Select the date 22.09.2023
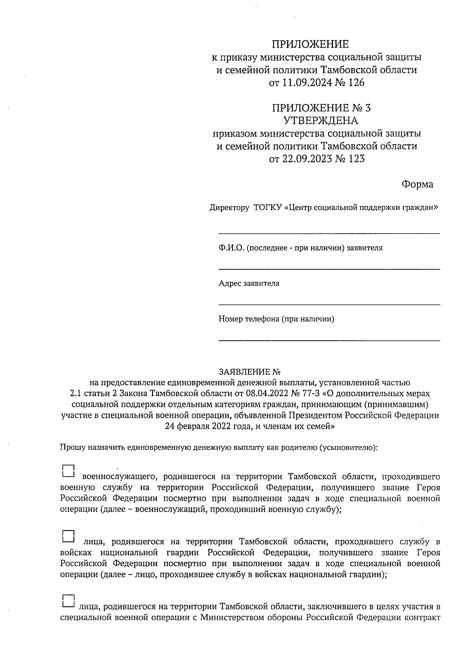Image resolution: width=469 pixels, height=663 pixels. coord(303,159)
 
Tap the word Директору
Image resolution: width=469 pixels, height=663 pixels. coord(229,207)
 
